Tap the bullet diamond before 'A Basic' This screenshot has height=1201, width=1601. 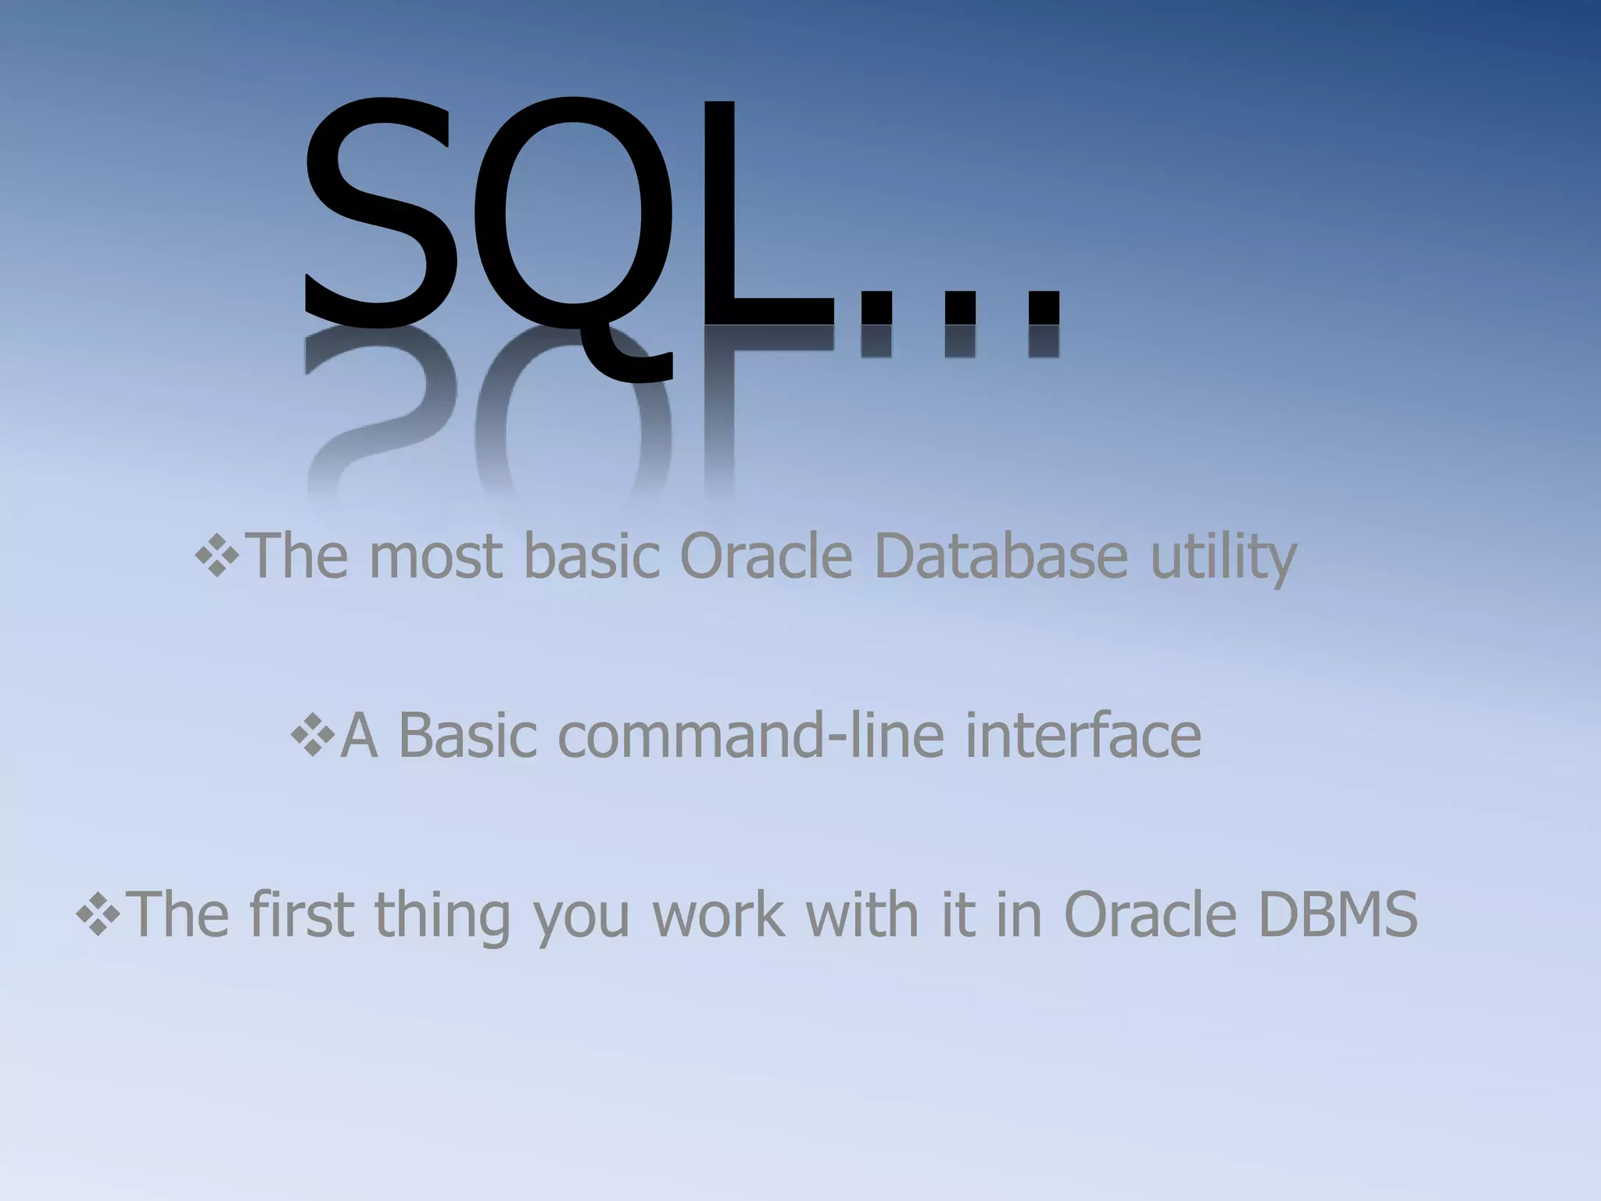(x=312, y=735)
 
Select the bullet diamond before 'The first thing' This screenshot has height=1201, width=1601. (x=97, y=913)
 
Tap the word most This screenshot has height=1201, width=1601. (x=435, y=557)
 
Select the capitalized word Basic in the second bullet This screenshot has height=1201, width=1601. (x=467, y=737)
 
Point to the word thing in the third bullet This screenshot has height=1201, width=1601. (x=442, y=915)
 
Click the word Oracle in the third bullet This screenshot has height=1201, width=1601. (x=1149, y=915)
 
